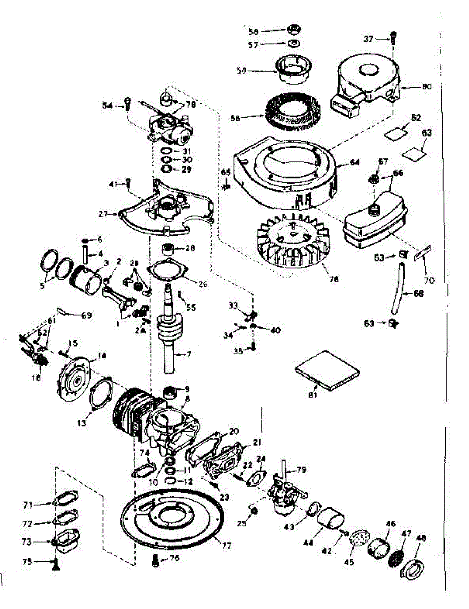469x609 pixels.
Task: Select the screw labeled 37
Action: pyautogui.click(x=394, y=38)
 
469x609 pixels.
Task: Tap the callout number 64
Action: pyautogui.click(x=354, y=163)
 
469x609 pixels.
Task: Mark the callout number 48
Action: pyautogui.click(x=421, y=538)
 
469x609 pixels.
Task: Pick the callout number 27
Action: pyautogui.click(x=104, y=214)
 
